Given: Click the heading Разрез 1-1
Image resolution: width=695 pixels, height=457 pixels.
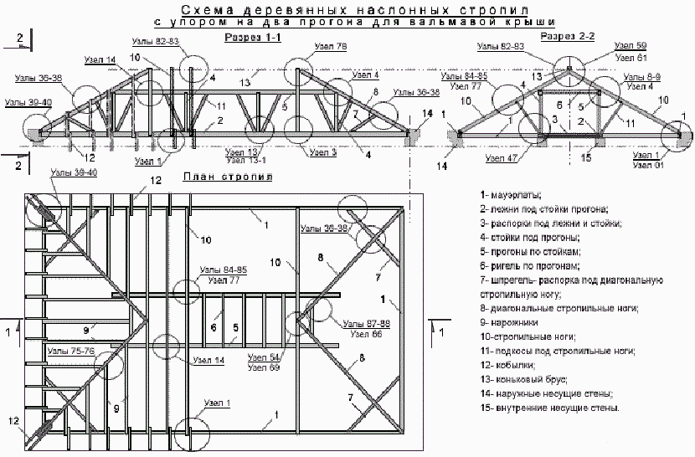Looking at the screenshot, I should pyautogui.click(x=251, y=39).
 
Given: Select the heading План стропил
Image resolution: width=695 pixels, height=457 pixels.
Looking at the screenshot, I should pyautogui.click(x=228, y=177).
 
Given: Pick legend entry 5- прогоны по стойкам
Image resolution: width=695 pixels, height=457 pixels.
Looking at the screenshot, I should pyautogui.click(x=530, y=251).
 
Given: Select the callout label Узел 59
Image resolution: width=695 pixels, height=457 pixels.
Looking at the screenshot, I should pyautogui.click(x=630, y=46).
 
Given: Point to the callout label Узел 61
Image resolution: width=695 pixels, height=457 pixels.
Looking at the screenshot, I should pyautogui.click(x=630, y=58).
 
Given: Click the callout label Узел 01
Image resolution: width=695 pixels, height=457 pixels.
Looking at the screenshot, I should pyautogui.click(x=647, y=166).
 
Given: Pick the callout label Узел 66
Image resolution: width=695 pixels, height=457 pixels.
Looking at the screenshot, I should pyautogui.click(x=366, y=333).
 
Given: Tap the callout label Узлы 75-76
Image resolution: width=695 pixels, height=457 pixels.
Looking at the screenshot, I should pyautogui.click(x=71, y=351).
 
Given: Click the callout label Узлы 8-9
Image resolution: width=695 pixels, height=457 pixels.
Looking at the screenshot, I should pyautogui.click(x=642, y=77).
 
